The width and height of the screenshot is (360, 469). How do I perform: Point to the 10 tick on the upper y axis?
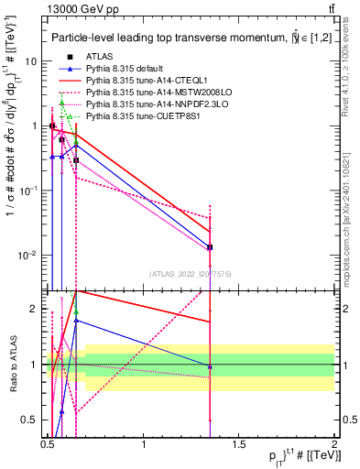[x=30, y=61]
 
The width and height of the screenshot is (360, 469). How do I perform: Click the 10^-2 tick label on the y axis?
[x=27, y=255]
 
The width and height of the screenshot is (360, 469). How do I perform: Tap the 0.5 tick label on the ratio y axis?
[x=29, y=420]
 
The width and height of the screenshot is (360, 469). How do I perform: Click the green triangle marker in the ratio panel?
[x=76, y=312]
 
